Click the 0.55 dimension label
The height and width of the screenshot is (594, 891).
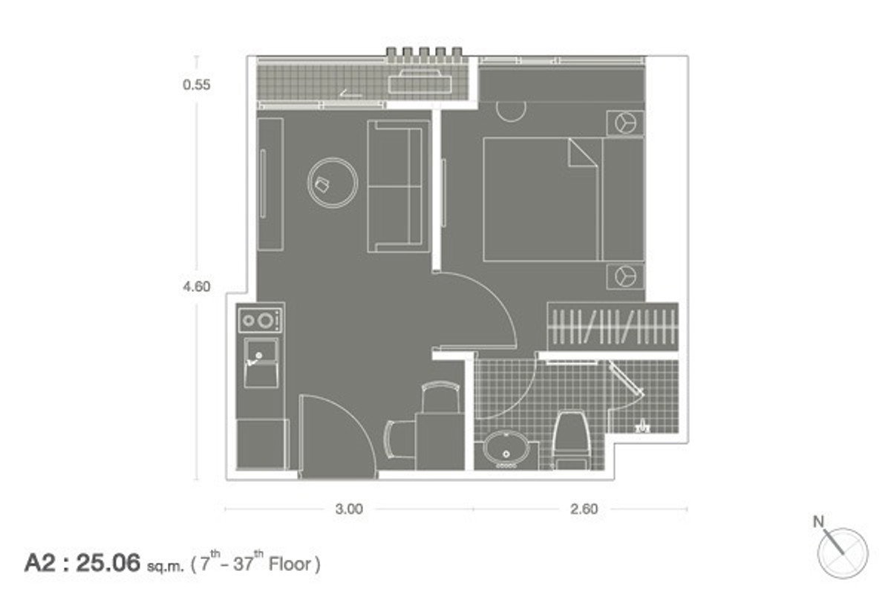197,85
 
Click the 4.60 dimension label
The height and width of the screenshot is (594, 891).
197,287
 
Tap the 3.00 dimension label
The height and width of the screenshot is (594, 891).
349,509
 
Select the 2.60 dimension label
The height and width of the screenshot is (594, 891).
584,509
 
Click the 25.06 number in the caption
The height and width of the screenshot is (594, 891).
108,563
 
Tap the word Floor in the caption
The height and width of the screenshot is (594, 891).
290,564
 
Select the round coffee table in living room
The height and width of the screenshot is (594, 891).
333,183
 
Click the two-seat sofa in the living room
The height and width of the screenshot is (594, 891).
399,186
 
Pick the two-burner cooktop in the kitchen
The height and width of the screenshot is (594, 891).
261,320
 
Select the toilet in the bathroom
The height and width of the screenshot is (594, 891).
571,441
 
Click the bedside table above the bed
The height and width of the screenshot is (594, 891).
625,123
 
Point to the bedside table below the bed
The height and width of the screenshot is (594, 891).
625,275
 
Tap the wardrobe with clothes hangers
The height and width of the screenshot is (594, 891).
613,327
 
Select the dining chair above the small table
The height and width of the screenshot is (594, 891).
440,396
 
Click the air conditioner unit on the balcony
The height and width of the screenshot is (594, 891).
420,82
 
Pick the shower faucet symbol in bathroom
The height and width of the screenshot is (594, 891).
642,426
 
